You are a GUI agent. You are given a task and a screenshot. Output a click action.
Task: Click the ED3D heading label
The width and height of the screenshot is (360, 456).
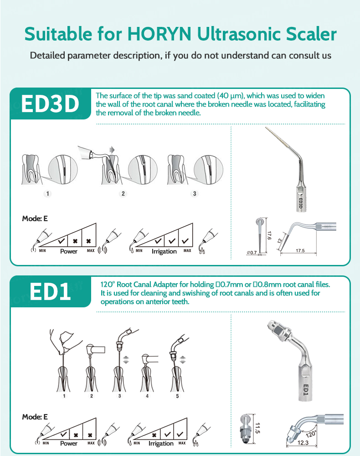coord(50,104)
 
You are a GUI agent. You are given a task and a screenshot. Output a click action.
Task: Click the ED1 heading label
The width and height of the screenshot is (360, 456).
coord(50,292)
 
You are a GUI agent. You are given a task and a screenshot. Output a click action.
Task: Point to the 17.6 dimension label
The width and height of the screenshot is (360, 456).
coord(269,236)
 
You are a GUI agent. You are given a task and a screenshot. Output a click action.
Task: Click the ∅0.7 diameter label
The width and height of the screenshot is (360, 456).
coord(252,252)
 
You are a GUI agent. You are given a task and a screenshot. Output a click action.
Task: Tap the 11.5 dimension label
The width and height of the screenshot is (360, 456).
coord(257,428)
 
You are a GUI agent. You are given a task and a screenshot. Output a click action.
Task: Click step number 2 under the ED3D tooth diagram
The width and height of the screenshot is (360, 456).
coord(123,193)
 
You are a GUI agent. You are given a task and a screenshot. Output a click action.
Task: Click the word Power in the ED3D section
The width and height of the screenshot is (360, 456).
coord(69,251)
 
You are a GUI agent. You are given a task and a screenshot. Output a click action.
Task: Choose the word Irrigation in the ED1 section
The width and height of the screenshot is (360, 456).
coord(162,443)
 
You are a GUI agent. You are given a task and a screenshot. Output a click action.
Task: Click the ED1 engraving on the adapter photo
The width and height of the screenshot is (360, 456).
coord(306,391)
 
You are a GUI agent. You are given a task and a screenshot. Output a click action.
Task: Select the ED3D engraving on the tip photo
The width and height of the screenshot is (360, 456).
coord(301,199)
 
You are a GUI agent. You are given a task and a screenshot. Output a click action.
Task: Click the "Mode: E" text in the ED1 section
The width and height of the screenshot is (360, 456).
coord(35,417)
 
